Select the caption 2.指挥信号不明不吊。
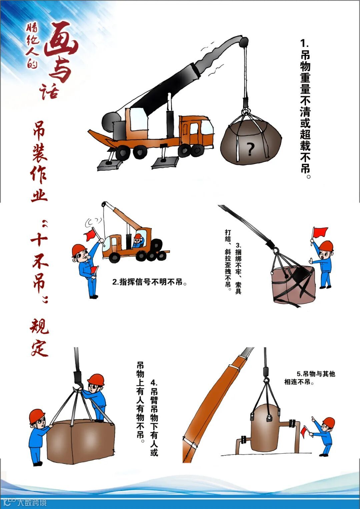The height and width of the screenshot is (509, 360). [x=149, y=282]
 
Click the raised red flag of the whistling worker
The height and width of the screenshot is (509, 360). [x=90, y=235]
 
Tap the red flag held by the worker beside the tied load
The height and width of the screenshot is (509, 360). [x=320, y=232]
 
